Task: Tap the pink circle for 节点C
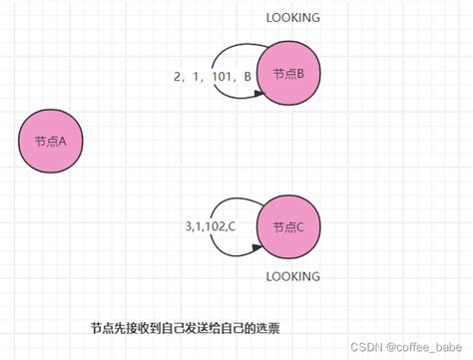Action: point(287,227)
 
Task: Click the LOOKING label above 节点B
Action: point(293,18)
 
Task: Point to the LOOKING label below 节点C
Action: point(293,276)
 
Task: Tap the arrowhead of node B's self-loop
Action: point(258,94)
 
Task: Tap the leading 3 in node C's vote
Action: point(189,227)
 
